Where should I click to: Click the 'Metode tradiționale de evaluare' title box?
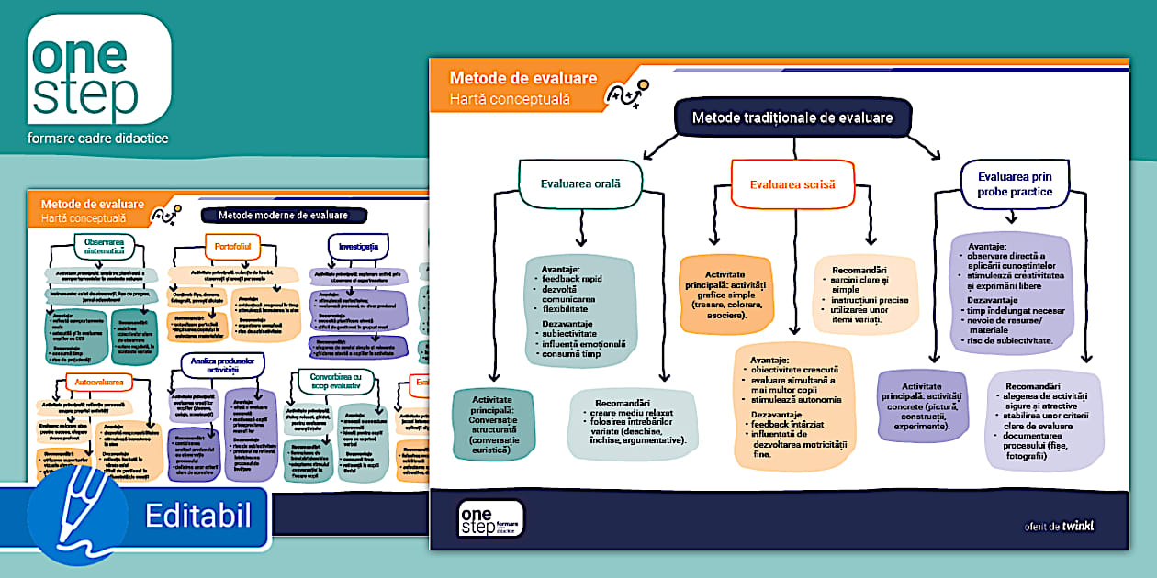click(792, 117)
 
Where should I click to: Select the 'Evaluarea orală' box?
click(579, 183)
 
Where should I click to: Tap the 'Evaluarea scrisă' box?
click(792, 183)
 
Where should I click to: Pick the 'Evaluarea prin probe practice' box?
click(1015, 183)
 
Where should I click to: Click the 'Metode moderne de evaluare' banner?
click(283, 216)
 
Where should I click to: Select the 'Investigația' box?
click(357, 247)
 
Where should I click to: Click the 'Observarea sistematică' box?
click(104, 247)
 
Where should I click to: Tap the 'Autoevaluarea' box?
click(99, 379)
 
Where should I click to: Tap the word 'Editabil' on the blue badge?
click(197, 516)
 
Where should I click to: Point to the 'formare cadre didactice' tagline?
click(98, 139)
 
